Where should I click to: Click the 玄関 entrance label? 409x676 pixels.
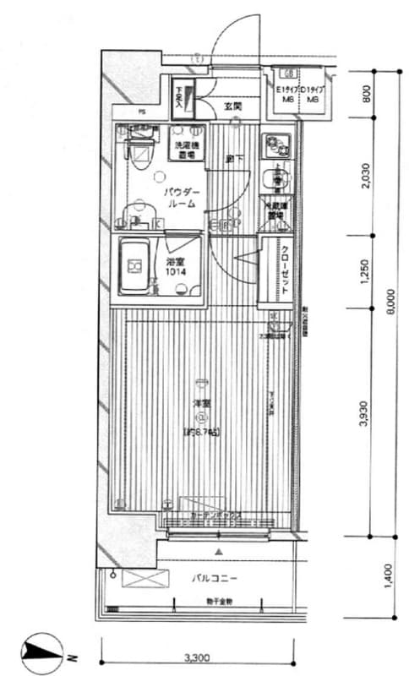pos(233,106)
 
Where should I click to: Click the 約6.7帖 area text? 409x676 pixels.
pos(201,433)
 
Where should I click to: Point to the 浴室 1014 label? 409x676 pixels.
pos(176,266)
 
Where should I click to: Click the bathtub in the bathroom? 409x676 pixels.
pos(137,266)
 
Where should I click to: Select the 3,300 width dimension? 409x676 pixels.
pos(196,657)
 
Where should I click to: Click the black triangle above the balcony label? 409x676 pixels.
pos(219,552)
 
